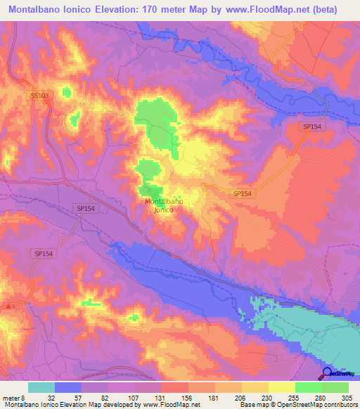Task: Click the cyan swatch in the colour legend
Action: coord(41,387)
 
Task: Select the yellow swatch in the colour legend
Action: coord(281,387)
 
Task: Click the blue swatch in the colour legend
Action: coord(68,387)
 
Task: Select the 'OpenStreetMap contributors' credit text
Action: coord(308,405)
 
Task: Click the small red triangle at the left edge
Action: coord(8,306)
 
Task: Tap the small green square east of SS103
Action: coord(67,91)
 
